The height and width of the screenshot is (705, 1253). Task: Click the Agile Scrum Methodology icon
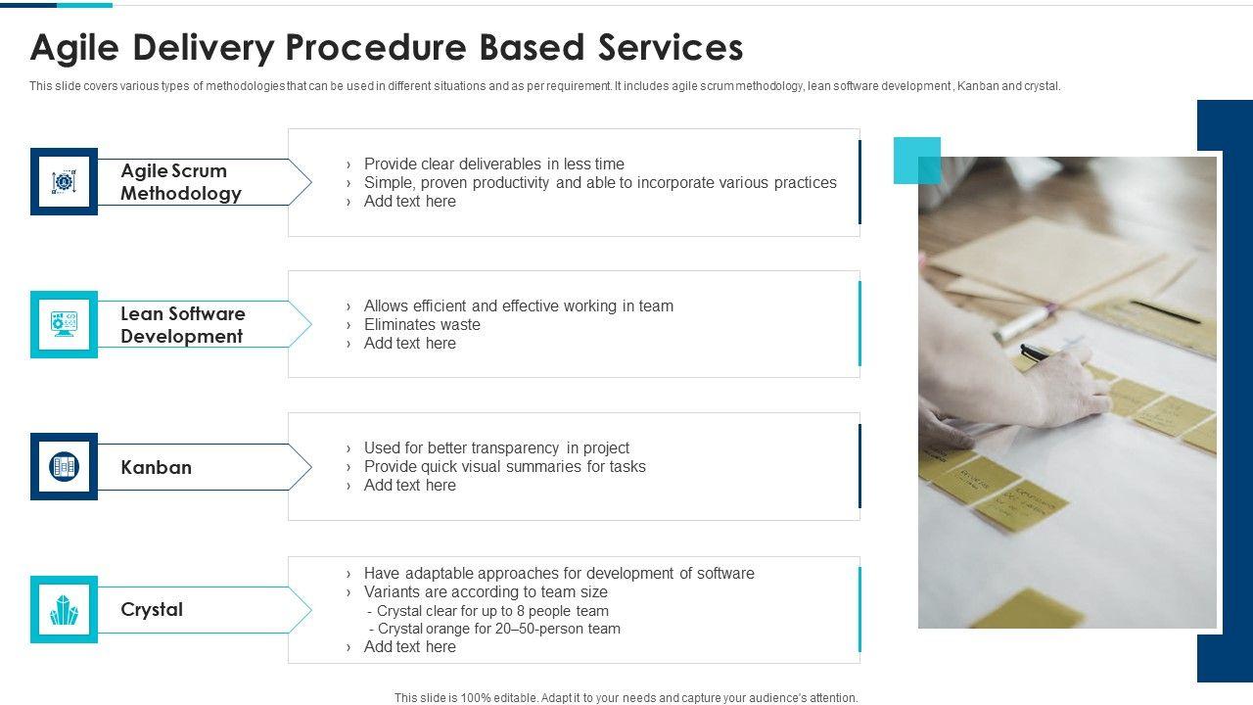(64, 181)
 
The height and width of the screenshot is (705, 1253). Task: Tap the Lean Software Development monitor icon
(64, 324)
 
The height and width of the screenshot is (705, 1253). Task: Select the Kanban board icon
(64, 466)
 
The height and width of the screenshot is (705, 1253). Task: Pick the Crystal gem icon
(64, 609)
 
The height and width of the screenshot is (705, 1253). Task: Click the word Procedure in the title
(376, 48)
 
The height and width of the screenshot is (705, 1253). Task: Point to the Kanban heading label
(156, 467)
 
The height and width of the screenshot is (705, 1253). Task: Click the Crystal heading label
(152, 609)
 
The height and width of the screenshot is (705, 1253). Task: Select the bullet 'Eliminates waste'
(422, 324)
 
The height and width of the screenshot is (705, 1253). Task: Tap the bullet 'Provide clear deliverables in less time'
(494, 164)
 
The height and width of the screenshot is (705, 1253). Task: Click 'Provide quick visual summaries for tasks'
(504, 467)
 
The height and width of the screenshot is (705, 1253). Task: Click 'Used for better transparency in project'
(496, 448)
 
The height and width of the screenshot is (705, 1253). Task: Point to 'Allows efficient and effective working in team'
(519, 306)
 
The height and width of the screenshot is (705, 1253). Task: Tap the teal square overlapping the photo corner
(917, 160)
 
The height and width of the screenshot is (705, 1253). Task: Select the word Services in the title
(671, 48)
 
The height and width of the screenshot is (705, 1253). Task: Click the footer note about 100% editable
(626, 698)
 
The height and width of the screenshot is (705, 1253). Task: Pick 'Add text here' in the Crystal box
(409, 647)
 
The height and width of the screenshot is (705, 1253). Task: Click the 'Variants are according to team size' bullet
(486, 592)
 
